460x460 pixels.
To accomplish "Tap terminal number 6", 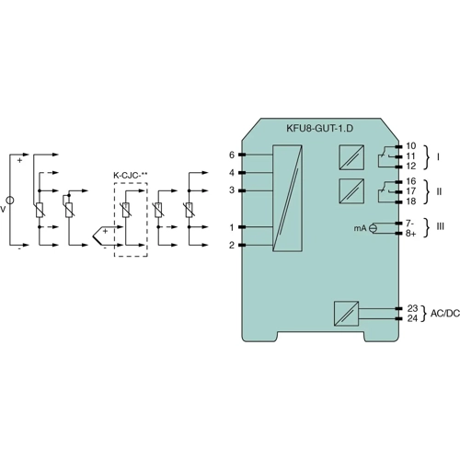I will (231, 154).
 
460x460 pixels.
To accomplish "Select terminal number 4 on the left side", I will (231, 172).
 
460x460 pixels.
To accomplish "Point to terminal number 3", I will (231, 190).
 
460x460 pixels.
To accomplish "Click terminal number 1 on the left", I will (231, 226).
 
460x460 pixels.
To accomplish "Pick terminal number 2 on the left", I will (231, 246).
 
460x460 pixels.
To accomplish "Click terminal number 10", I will (410, 146).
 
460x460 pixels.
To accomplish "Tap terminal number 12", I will (410, 167).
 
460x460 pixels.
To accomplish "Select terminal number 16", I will (410, 182).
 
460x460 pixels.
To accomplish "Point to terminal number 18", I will (410, 201).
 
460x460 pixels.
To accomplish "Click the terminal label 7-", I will (410, 224).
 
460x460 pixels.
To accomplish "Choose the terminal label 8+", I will (411, 235).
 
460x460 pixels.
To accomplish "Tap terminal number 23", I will (411, 308).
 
